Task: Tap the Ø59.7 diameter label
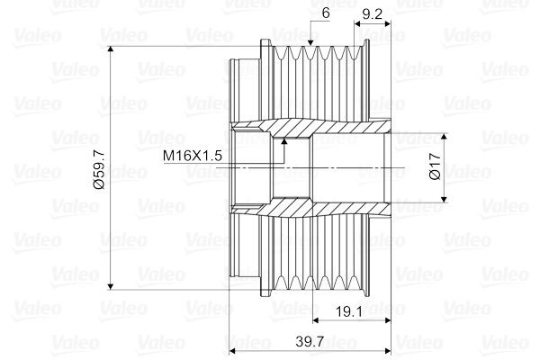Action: [100, 168]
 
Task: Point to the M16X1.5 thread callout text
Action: [192, 156]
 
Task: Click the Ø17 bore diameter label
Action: [435, 168]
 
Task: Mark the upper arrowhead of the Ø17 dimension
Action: [444, 132]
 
